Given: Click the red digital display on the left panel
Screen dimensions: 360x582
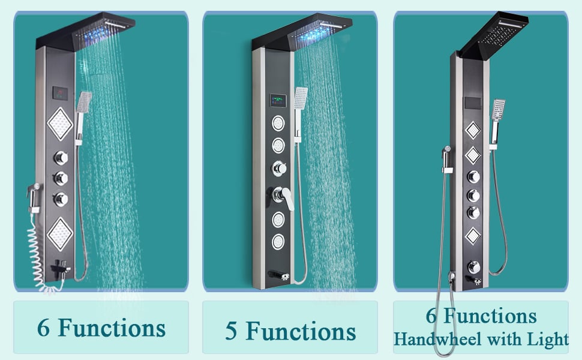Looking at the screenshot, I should [61, 94].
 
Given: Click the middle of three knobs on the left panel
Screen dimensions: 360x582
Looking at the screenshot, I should [61, 178].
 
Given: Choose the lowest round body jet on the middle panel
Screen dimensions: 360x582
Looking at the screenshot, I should [278, 242].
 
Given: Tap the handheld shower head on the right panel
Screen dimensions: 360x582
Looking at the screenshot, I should [499, 111].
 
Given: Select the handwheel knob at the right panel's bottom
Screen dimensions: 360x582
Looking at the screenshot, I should [474, 266].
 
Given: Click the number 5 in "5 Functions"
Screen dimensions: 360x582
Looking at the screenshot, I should [232, 331].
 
